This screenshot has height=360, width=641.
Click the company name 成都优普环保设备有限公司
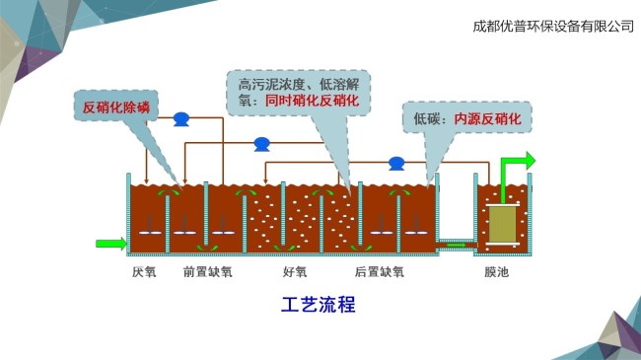click(553, 27)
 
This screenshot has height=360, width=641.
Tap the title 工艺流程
click(319, 305)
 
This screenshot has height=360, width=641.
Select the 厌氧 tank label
click(144, 271)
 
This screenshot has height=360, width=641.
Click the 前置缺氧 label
click(208, 271)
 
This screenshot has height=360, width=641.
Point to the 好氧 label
click(295, 271)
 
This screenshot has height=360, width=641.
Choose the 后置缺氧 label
click(380, 271)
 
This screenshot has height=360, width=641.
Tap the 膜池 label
click(497, 271)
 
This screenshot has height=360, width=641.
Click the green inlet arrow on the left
click(111, 244)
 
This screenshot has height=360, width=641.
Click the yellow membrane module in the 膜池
click(502, 223)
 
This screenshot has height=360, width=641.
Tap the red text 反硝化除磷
click(116, 108)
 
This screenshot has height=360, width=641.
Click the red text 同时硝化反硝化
click(312, 101)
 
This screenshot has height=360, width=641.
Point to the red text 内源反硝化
click(487, 119)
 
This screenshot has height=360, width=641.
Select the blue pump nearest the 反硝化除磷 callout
click(181, 119)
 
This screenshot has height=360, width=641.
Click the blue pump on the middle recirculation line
click(261, 144)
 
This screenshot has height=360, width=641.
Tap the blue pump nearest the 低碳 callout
click(396, 163)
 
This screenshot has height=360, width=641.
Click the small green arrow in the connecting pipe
click(456, 245)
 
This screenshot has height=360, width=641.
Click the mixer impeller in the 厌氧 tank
click(150, 233)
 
